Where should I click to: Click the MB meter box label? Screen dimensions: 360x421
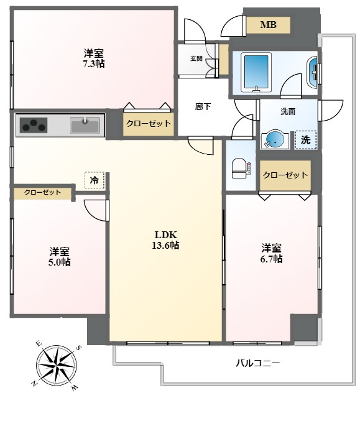point(268,25)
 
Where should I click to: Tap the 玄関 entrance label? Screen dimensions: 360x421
point(196,58)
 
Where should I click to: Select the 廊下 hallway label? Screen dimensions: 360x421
point(203,106)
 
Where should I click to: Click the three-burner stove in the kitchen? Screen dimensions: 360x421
point(34,126)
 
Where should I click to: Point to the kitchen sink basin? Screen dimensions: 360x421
point(85,125)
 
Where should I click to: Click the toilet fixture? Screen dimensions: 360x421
point(241,168)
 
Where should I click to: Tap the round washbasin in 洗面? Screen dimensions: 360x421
point(275,140)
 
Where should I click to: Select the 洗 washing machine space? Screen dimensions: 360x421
point(305,140)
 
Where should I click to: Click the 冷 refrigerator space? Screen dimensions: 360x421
point(95,180)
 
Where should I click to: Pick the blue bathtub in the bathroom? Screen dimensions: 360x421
point(256,73)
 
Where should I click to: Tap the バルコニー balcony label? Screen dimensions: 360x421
point(257,364)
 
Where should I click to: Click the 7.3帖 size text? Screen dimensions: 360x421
point(93,64)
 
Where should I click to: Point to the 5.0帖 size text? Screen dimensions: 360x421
point(59,262)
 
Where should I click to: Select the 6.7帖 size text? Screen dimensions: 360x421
point(272,259)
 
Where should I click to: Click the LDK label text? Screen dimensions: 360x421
point(165,235)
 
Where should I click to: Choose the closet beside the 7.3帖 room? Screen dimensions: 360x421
point(149,124)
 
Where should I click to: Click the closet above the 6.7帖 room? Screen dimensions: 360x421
point(285,175)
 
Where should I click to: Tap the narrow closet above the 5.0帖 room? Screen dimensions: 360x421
point(43,193)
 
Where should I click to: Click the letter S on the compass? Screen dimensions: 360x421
point(79,348)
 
